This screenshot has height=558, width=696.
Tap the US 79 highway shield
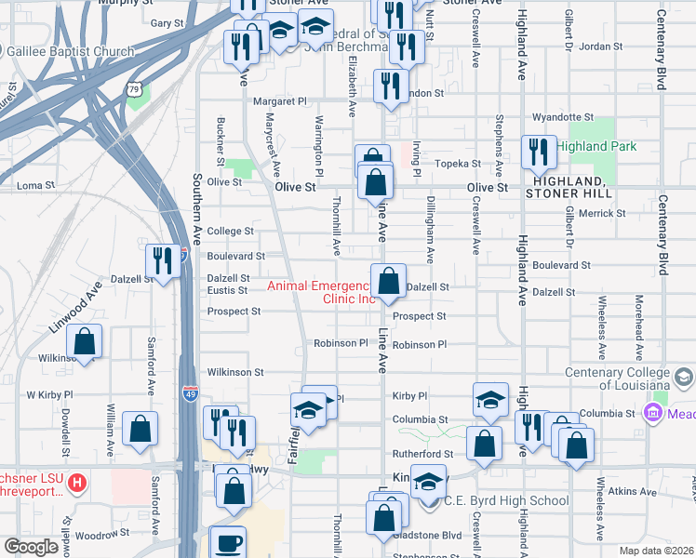(136, 89)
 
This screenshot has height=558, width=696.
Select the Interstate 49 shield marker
(190, 393)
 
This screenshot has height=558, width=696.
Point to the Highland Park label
(596, 147)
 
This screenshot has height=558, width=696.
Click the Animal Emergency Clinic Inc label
(322, 292)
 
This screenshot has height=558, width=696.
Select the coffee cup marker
(228, 541)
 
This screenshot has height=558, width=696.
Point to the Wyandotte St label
(562, 118)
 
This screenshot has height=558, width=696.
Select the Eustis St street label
(227, 290)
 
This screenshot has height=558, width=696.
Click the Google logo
(32, 547)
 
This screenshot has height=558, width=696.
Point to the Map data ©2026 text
(655, 551)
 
